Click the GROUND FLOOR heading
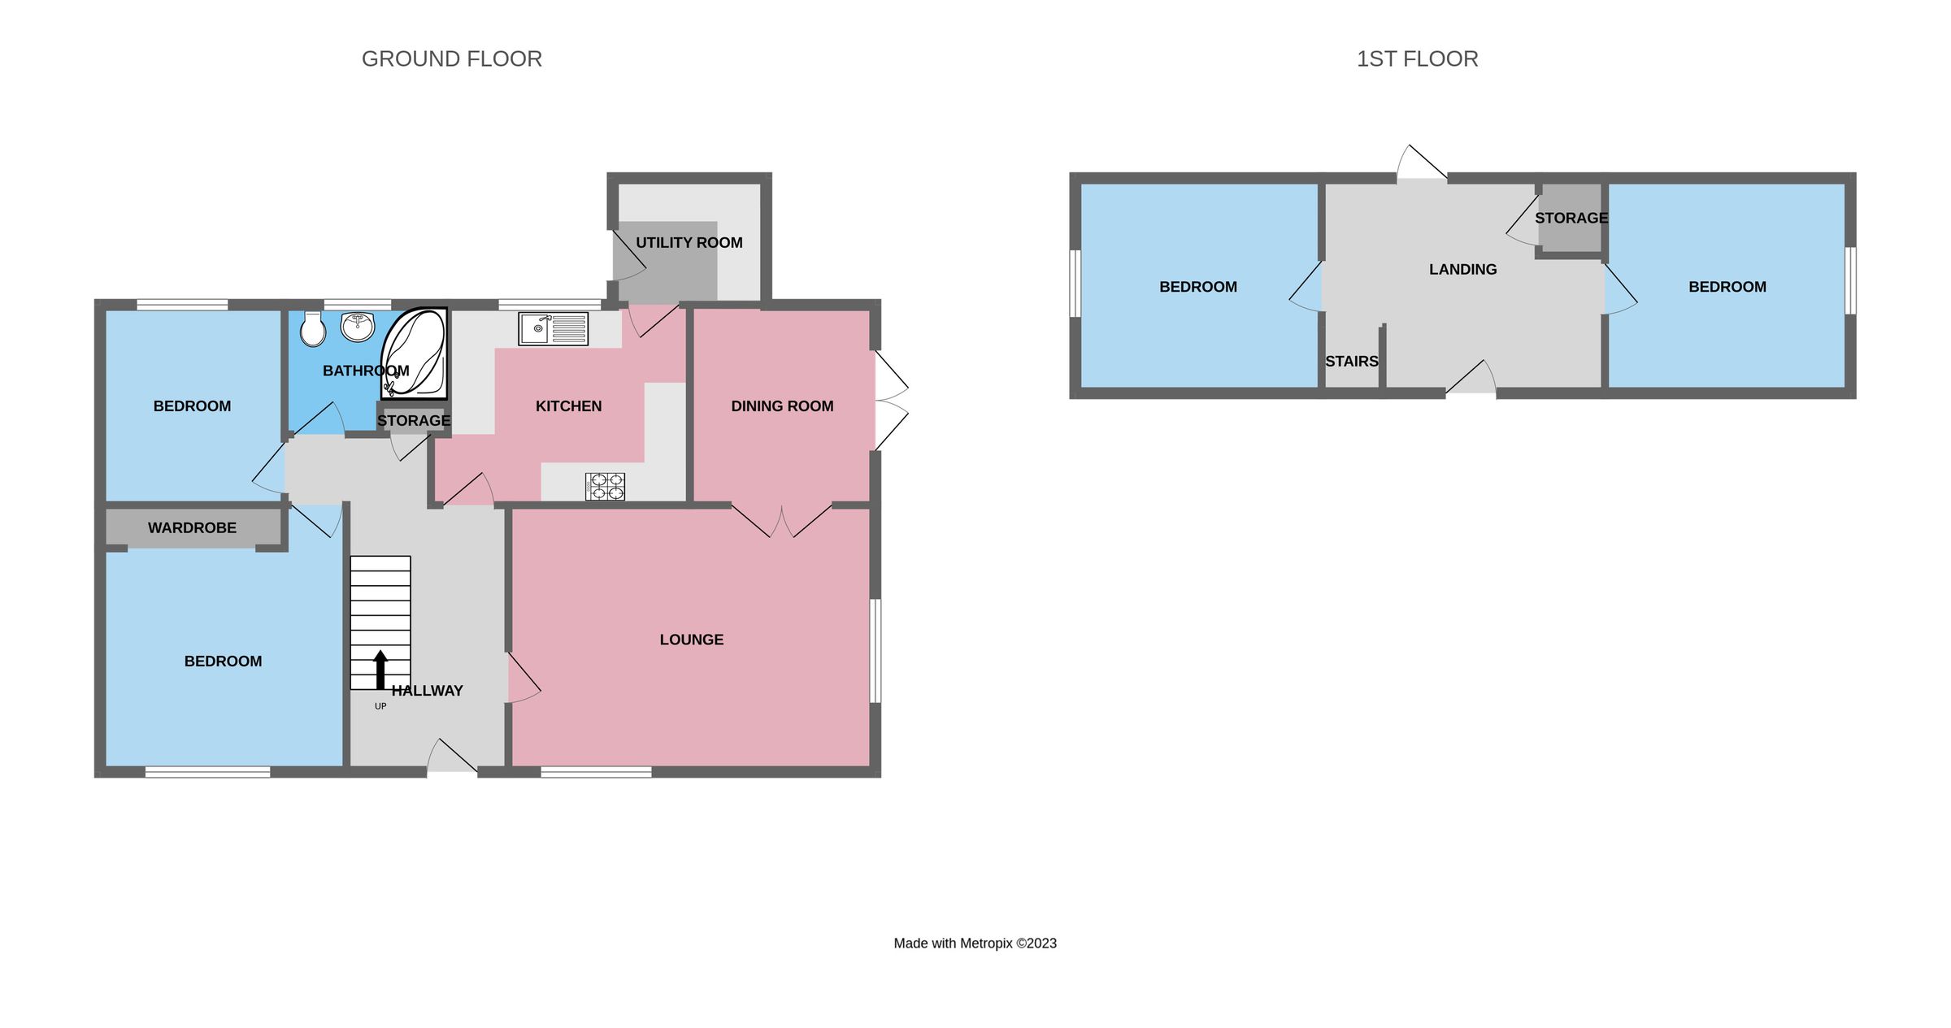pyautogui.click(x=451, y=59)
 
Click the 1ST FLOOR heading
pyautogui.click(x=1417, y=59)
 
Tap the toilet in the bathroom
pyautogui.click(x=313, y=330)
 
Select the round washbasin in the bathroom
pyautogui.click(x=358, y=327)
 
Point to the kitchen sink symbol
pyautogui.click(x=553, y=328)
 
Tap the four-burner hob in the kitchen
pyautogui.click(x=605, y=487)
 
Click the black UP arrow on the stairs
pyautogui.click(x=380, y=669)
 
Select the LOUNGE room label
pyautogui.click(x=691, y=640)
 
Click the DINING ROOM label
pyautogui.click(x=782, y=406)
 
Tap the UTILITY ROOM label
pyautogui.click(x=689, y=243)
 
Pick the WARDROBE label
pyautogui.click(x=192, y=528)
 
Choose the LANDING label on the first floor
pyautogui.click(x=1462, y=270)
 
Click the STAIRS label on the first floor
pyautogui.click(x=1351, y=362)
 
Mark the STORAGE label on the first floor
pyautogui.click(x=1571, y=218)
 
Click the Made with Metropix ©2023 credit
pyautogui.click(x=975, y=943)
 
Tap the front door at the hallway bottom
pyautogui.click(x=452, y=757)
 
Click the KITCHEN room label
pyautogui.click(x=568, y=406)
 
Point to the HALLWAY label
pyautogui.click(x=427, y=691)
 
